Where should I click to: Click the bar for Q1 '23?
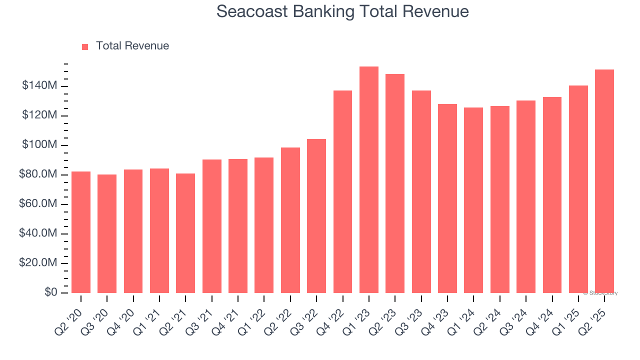pyautogui.click(x=369, y=180)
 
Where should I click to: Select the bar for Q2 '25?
pyautogui.click(x=604, y=181)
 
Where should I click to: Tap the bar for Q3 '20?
pyautogui.click(x=107, y=233)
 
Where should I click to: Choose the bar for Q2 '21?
pyautogui.click(x=185, y=233)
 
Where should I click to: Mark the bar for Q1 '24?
pyautogui.click(x=473, y=200)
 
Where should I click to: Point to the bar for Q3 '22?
pyautogui.click(x=316, y=216)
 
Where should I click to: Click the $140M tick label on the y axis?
pyautogui.click(x=39, y=86)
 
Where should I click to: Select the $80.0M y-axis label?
pyautogui.click(x=37, y=174)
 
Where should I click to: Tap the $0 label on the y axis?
pyautogui.click(x=51, y=292)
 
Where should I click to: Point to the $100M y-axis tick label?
pyautogui.click(x=39, y=145)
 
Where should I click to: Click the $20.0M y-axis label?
pyautogui.click(x=37, y=263)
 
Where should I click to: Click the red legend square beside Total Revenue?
pyautogui.click(x=85, y=46)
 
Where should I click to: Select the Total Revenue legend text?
pyautogui.click(x=132, y=46)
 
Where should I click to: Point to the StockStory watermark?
pyautogui.click(x=600, y=293)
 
